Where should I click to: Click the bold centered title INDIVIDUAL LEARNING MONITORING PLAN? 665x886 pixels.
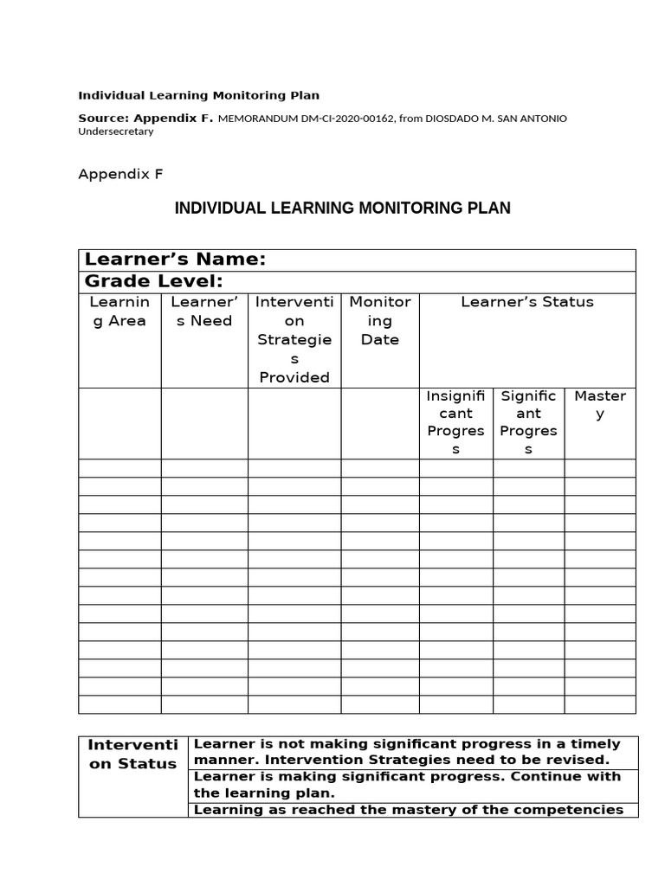pyautogui.click(x=343, y=209)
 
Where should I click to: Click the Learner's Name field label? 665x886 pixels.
pyautogui.click(x=173, y=260)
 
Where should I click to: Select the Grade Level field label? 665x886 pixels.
pyautogui.click(x=152, y=281)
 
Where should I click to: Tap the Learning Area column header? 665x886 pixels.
pyautogui.click(x=119, y=311)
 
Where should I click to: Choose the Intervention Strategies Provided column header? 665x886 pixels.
pyautogui.click(x=294, y=339)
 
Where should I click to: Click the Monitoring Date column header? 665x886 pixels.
pyautogui.click(x=380, y=320)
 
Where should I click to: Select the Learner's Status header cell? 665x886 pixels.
pyautogui.click(x=527, y=302)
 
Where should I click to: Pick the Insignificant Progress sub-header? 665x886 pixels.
pyautogui.click(x=455, y=422)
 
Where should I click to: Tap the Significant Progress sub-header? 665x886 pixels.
pyautogui.click(x=528, y=422)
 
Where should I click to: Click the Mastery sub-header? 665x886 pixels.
pyautogui.click(x=600, y=405)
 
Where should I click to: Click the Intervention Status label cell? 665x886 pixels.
pyautogui.click(x=133, y=754)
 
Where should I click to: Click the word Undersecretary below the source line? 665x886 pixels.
pyautogui.click(x=116, y=132)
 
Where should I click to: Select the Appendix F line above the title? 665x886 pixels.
pyautogui.click(x=120, y=174)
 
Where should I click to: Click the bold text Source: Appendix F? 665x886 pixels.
pyautogui.click(x=145, y=118)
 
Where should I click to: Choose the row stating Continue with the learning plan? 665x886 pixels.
pyautogui.click(x=413, y=785)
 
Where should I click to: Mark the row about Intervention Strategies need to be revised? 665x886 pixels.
pyautogui.click(x=413, y=752)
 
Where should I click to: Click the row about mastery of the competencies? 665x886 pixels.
pyautogui.click(x=413, y=810)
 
